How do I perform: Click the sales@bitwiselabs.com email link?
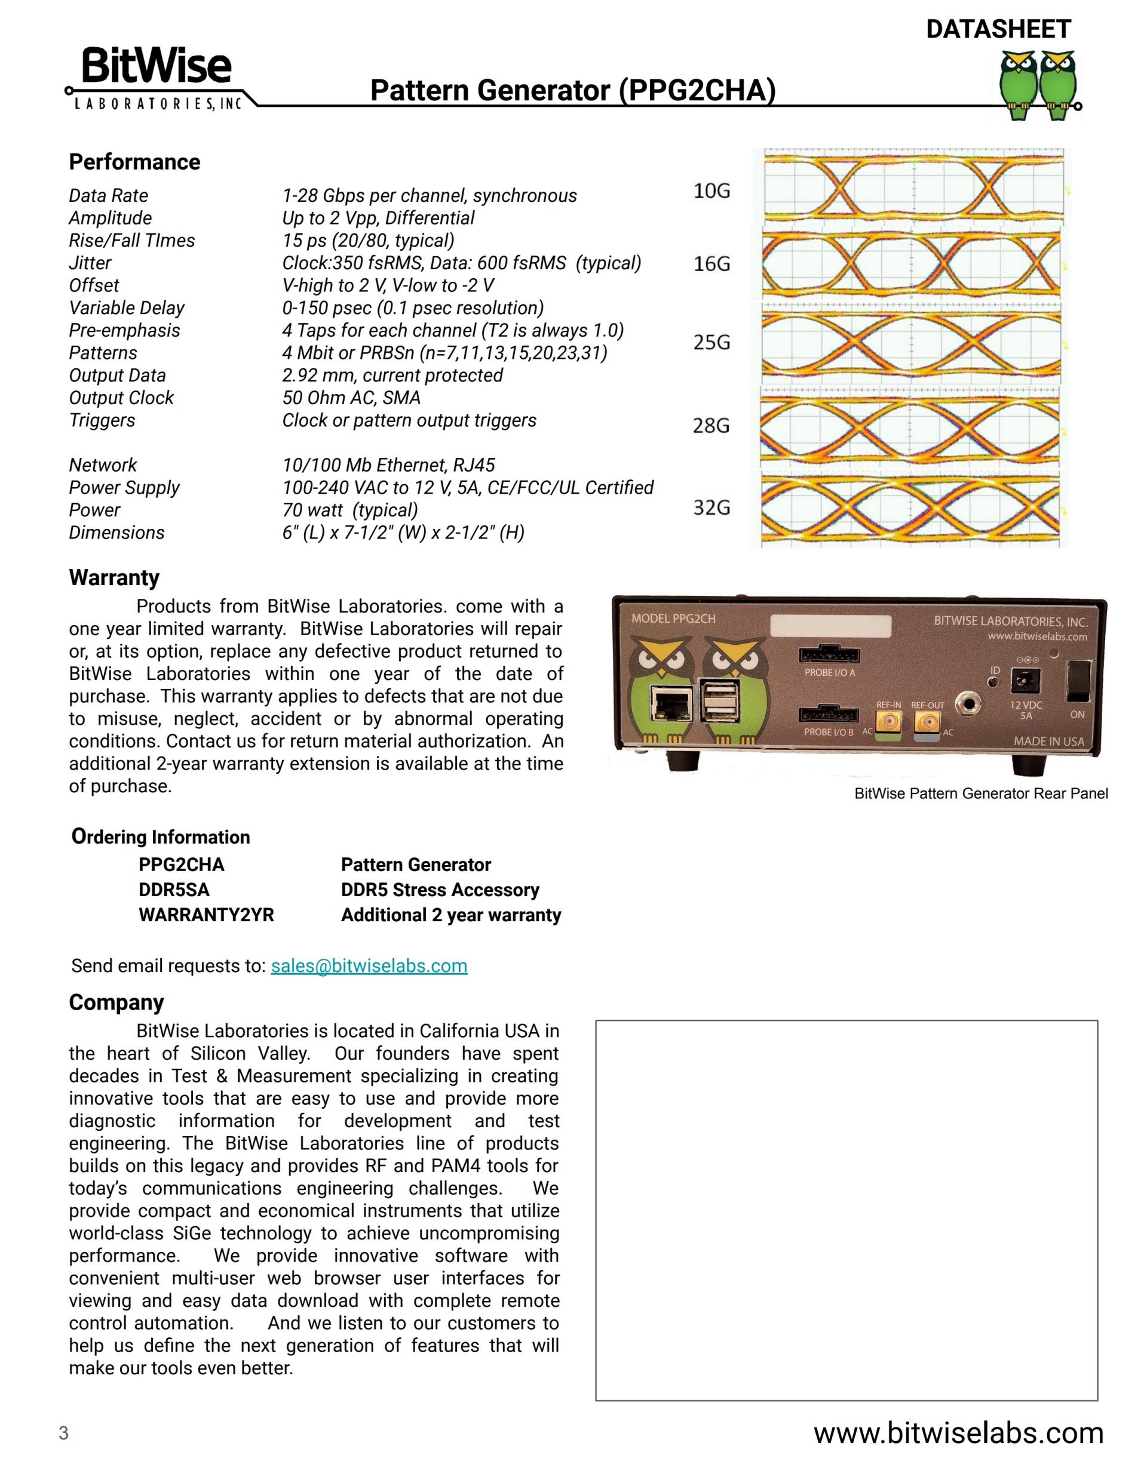pos(369,965)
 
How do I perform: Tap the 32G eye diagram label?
pos(711,507)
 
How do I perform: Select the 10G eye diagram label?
pos(711,192)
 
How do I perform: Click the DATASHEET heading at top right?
pos(998,29)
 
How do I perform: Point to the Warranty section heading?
pos(114,578)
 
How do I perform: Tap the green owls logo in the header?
pos(1037,85)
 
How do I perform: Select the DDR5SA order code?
pos(174,890)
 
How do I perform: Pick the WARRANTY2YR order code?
pos(207,915)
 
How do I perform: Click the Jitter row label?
pos(90,263)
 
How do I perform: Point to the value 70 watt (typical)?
pos(350,510)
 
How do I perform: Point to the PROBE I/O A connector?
pos(829,656)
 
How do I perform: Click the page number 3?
pos(64,1433)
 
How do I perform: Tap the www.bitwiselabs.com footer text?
pos(958,1433)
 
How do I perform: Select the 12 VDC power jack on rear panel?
pos(1025,681)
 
